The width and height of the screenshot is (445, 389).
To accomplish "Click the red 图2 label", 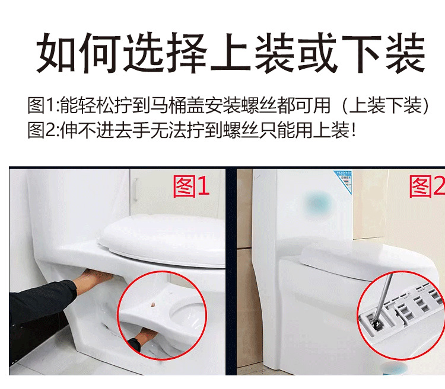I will point(427,187).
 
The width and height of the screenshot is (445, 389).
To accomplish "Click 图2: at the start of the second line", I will point(45,130).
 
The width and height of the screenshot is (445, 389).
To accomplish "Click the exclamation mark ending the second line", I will point(354,130).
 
